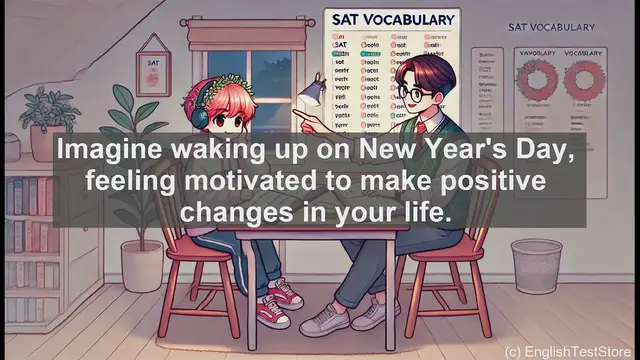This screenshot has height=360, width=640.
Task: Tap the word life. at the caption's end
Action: click(x=430, y=214)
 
